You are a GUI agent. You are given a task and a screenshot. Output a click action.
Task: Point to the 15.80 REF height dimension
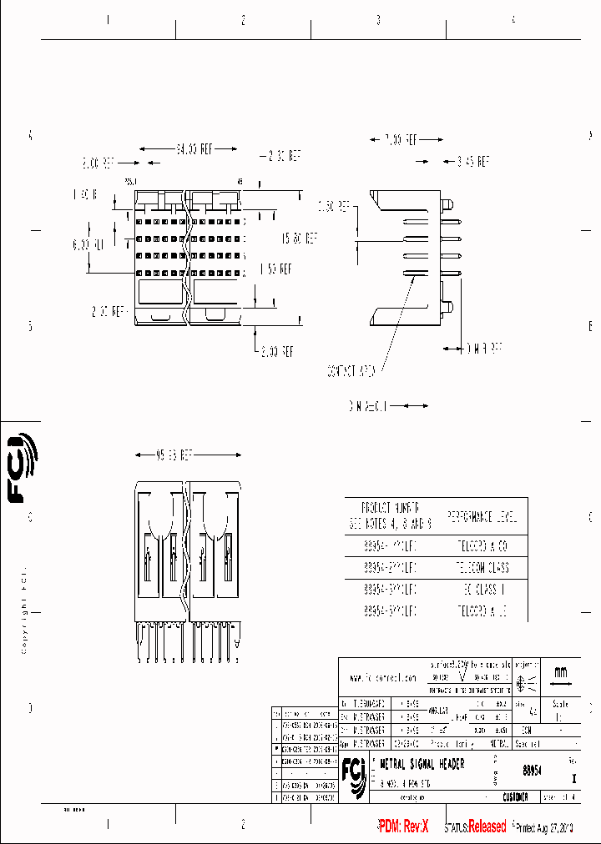pyautogui.click(x=298, y=238)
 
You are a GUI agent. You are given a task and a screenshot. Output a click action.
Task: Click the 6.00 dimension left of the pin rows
pyautogui.click(x=87, y=245)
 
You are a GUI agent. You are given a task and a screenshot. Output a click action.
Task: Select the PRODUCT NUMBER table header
pyautogui.click(x=390, y=516)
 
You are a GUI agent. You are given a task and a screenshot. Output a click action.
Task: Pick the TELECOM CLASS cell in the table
pyautogui.click(x=482, y=567)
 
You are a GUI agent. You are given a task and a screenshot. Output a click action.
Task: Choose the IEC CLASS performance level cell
pyautogui.click(x=482, y=589)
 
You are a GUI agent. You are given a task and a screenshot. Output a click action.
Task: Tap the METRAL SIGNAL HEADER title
pyautogui.click(x=422, y=764)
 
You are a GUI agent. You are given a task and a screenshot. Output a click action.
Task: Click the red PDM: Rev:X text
pyautogui.click(x=403, y=826)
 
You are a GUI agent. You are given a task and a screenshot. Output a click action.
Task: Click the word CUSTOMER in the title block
pyautogui.click(x=515, y=797)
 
